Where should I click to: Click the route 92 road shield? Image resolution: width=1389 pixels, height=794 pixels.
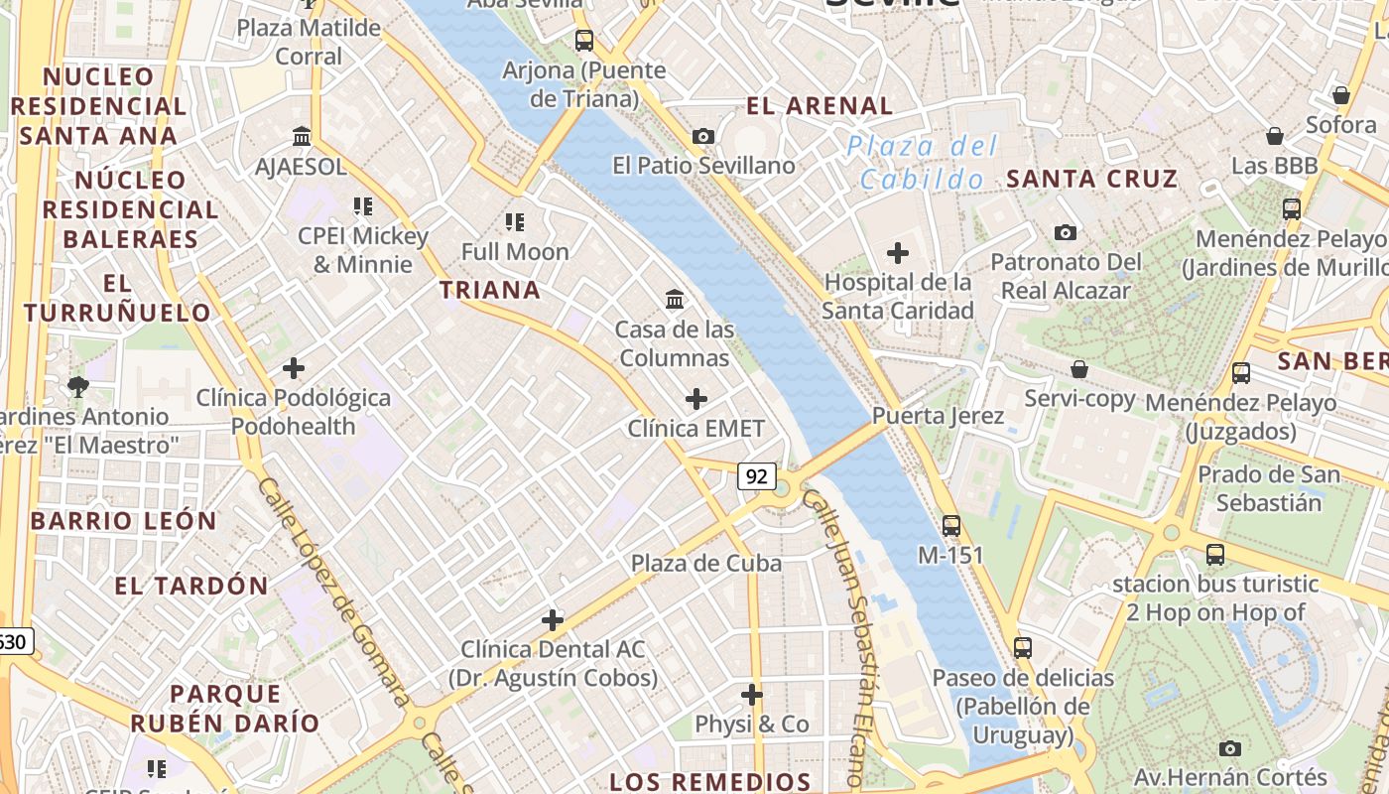756,477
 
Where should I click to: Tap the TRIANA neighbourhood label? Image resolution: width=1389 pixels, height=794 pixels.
490,290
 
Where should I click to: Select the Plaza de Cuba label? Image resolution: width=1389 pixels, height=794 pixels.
706,563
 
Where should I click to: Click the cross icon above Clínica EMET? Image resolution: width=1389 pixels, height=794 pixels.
696,399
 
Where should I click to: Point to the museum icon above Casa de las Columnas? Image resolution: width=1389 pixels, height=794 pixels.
675,299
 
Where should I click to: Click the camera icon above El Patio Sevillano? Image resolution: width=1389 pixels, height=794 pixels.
703,136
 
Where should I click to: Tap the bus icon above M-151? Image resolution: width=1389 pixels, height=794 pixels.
951,525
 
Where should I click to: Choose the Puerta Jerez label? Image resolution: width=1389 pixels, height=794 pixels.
938,415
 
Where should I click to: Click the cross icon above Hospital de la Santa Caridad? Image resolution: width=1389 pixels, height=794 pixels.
898,253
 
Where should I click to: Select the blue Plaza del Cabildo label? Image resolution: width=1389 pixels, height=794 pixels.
922,163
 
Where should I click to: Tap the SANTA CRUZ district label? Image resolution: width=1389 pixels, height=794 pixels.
1091,179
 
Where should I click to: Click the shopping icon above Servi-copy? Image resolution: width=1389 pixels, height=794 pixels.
1079,369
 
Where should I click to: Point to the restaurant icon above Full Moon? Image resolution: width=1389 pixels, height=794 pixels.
514,221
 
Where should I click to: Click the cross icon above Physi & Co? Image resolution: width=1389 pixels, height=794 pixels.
752,695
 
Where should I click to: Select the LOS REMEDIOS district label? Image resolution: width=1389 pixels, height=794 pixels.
710,781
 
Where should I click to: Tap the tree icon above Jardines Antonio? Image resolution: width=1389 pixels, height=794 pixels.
77,386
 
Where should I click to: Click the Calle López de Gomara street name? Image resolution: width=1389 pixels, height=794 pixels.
332,592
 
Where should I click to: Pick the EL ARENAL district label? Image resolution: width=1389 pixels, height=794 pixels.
820,105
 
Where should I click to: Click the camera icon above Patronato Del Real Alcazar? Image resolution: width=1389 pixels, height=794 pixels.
1066,232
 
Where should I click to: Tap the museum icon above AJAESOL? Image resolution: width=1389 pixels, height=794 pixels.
302,136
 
